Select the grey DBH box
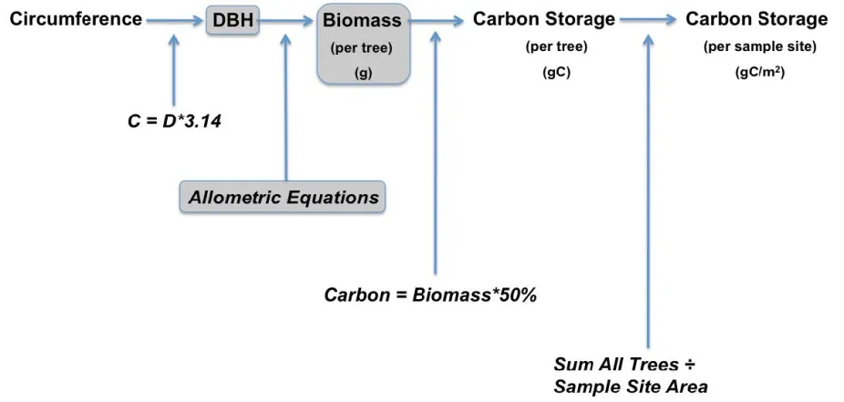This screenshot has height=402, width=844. pyautogui.click(x=232, y=20)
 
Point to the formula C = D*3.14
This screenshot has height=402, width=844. pyautogui.click(x=175, y=120)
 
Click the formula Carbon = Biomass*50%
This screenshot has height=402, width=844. pyautogui.click(x=430, y=295)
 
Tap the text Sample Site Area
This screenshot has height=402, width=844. pyautogui.click(x=630, y=386)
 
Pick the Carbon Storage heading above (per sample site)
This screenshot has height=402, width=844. pyautogui.click(x=756, y=19)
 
